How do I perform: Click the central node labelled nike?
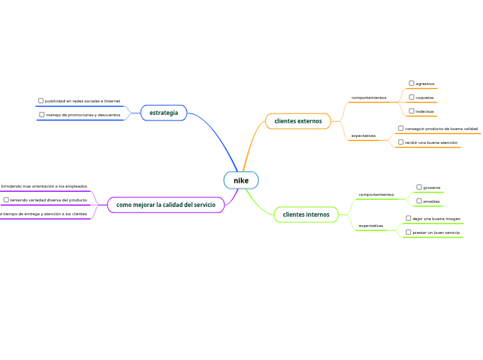pyautogui.click(x=241, y=181)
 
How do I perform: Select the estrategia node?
pyautogui.click(x=164, y=113)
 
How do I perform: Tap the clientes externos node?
pyautogui.click(x=298, y=121)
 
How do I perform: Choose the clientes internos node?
pyautogui.click(x=306, y=215)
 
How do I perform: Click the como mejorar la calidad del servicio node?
pyautogui.click(x=166, y=205)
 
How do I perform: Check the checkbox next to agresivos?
pyautogui.click(x=412, y=83)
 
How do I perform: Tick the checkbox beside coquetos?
pyautogui.click(x=412, y=97)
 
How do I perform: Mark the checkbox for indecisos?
pyautogui.click(x=412, y=111)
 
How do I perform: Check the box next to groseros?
pyautogui.click(x=419, y=187)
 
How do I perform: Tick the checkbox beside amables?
pyautogui.click(x=419, y=201)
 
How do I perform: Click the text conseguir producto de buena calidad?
pyautogui.click(x=441, y=129)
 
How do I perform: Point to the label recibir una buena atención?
pyautogui.click(x=431, y=143)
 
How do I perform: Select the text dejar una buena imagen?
pyautogui.click(x=437, y=219)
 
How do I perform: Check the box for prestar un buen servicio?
pyautogui.click(x=409, y=232)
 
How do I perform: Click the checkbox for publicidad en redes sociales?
pyautogui.click(x=41, y=101)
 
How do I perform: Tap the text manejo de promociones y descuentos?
pyautogui.click(x=83, y=115)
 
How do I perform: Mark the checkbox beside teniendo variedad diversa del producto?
pyautogui.click(x=6, y=200)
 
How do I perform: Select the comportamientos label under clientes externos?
pyautogui.click(x=369, y=98)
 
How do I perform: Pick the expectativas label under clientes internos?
pyautogui.click(x=371, y=226)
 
